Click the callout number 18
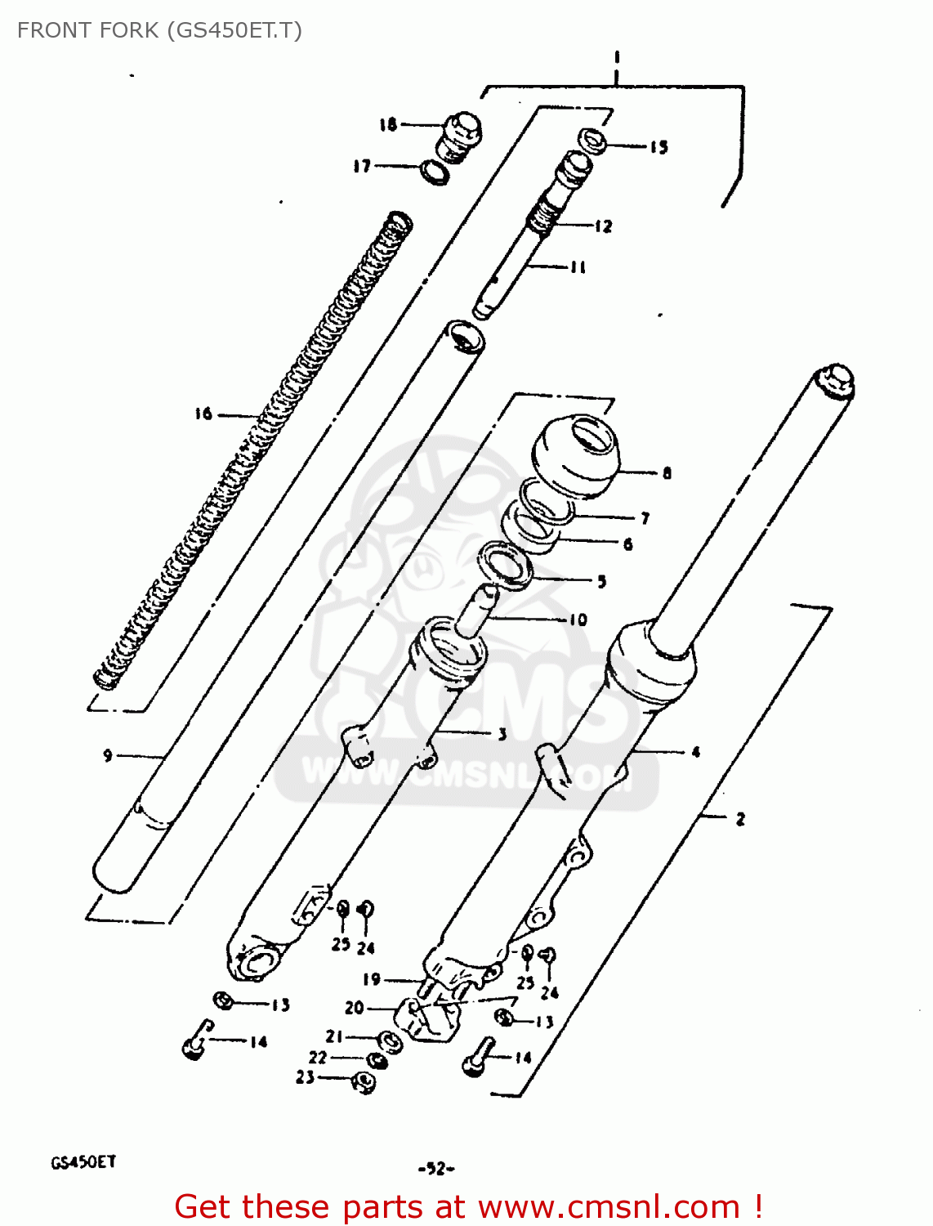(x=387, y=124)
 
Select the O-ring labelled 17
(x=435, y=172)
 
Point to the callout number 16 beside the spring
(x=203, y=414)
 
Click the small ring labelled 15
(x=593, y=141)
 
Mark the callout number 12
(x=603, y=226)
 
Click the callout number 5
(x=601, y=581)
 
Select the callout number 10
(x=578, y=620)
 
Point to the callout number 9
(x=108, y=755)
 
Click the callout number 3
(x=502, y=734)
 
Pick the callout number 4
(x=695, y=751)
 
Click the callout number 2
(x=740, y=818)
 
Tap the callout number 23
(x=305, y=1077)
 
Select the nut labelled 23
(x=363, y=1083)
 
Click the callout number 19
(x=372, y=978)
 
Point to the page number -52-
(x=435, y=1169)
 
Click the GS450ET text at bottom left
(x=83, y=1161)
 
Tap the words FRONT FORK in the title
(x=87, y=30)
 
